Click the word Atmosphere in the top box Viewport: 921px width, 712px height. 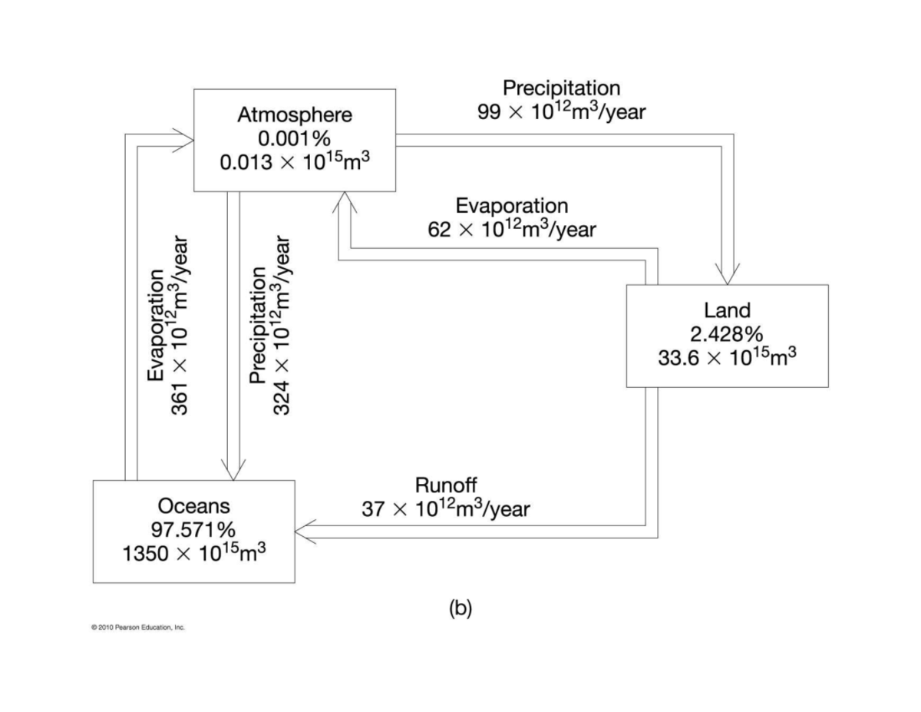pyautogui.click(x=295, y=115)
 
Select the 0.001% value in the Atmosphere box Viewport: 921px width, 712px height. pyautogui.click(x=295, y=139)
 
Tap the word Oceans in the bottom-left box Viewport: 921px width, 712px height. pyautogui.click(x=193, y=506)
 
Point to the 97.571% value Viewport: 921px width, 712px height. pyautogui.click(x=193, y=529)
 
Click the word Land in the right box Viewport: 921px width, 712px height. pyautogui.click(x=727, y=310)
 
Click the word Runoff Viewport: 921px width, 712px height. pyautogui.click(x=445, y=485)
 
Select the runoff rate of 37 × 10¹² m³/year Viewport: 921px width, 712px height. pyautogui.click(x=445, y=508)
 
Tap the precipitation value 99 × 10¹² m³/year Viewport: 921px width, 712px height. pyautogui.click(x=561, y=111)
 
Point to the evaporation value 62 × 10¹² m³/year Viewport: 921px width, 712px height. pyautogui.click(x=512, y=229)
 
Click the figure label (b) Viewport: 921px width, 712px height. pyautogui.click(x=460, y=608)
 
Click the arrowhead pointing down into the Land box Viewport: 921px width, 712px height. pyautogui.click(x=728, y=277)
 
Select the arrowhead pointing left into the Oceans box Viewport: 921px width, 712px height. pyautogui.click(x=305, y=532)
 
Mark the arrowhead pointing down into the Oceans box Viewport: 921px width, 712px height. pyautogui.click(x=233, y=470)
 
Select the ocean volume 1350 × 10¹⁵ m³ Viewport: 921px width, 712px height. pyautogui.click(x=193, y=553)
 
